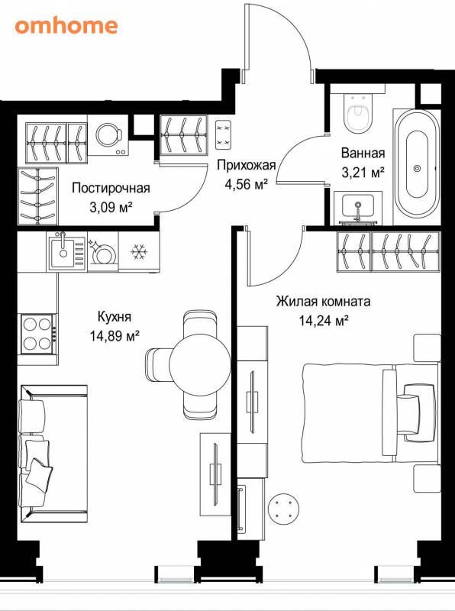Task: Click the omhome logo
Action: pyautogui.click(x=66, y=26)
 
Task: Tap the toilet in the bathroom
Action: pyautogui.click(x=358, y=112)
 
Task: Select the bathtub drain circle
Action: pyautogui.click(x=418, y=168)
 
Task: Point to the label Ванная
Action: pyautogui.click(x=363, y=154)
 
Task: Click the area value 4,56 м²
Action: pyautogui.click(x=246, y=183)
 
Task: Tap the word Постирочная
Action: pyautogui.click(x=111, y=188)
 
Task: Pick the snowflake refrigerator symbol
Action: pyautogui.click(x=139, y=252)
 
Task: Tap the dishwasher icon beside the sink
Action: pyautogui.click(x=103, y=252)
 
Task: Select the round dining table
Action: pyautogui.click(x=200, y=364)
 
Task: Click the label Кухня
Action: pyautogui.click(x=115, y=316)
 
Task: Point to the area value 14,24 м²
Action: pyautogui.click(x=324, y=321)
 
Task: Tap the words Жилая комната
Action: pyautogui.click(x=324, y=301)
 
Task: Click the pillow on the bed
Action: pyautogui.click(x=419, y=413)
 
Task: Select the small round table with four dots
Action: pyautogui.click(x=283, y=509)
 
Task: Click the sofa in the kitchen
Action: pyautogui.click(x=53, y=453)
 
